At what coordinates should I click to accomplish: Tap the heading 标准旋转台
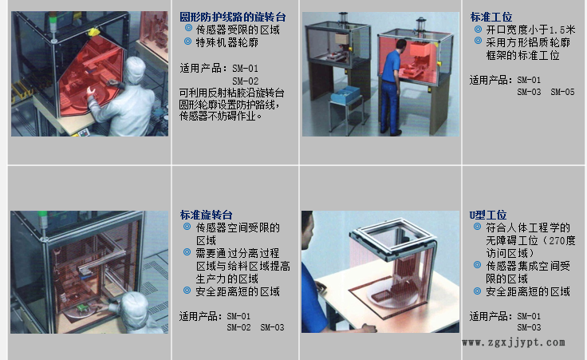[x=206, y=216]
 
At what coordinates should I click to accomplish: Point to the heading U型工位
[x=487, y=216]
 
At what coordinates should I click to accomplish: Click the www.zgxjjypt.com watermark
[x=514, y=342]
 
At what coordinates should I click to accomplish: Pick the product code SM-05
[x=562, y=92]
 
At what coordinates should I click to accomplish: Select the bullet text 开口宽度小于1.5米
[x=518, y=30]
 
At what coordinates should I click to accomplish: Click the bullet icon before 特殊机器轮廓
[x=188, y=41]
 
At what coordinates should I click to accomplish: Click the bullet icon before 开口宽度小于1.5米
[x=477, y=29]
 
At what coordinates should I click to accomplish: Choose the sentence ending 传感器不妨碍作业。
[x=220, y=116]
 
